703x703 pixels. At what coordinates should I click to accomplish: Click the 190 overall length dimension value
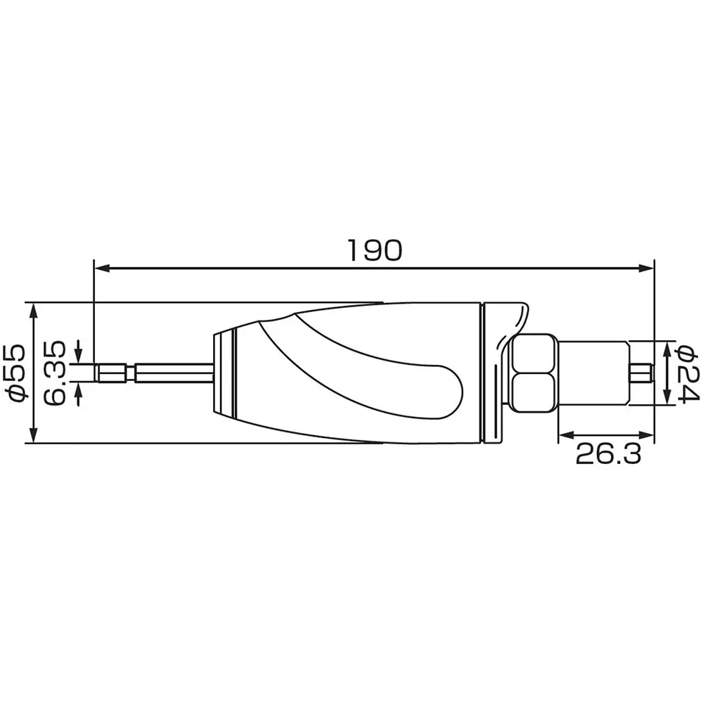tap(375, 250)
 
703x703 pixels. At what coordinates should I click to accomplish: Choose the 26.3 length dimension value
tap(608, 455)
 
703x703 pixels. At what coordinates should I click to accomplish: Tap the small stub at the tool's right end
tap(643, 373)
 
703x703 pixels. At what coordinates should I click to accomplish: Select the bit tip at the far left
tap(112, 373)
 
